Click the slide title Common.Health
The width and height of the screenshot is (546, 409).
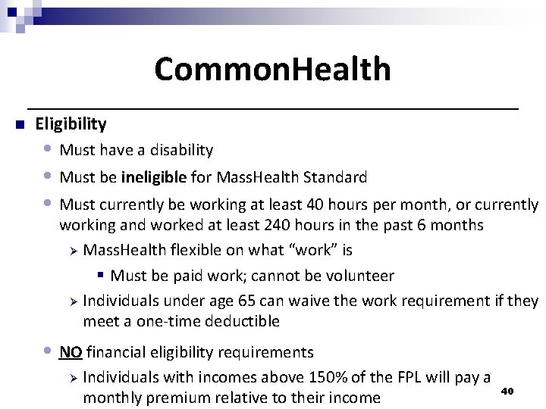click(x=272, y=69)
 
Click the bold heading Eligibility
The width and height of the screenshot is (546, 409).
click(x=71, y=123)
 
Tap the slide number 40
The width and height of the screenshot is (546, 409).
click(x=508, y=391)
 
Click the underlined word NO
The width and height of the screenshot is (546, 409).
click(x=71, y=352)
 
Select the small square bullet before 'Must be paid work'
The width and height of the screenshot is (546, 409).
click(x=101, y=276)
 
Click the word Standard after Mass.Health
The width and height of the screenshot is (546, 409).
click(x=334, y=178)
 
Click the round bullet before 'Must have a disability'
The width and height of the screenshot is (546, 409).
click(x=49, y=149)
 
